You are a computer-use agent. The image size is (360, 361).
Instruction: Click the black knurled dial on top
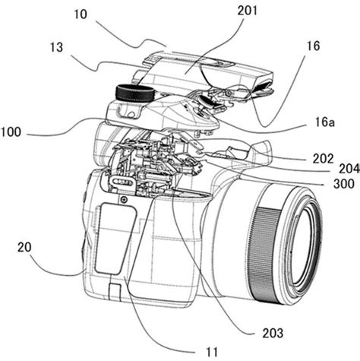click(134, 94)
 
